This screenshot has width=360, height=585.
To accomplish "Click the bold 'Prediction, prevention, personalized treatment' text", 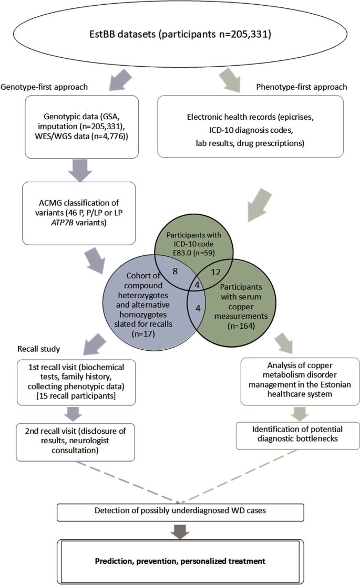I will click(180, 561).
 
